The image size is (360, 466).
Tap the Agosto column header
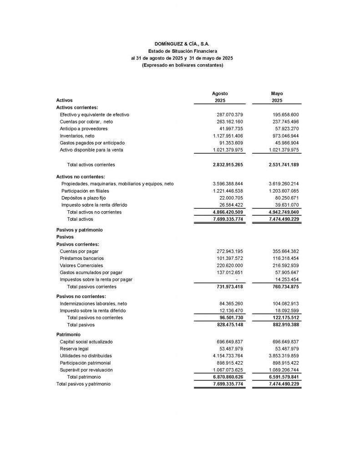coord(220,93)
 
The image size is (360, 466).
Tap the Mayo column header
coord(277,93)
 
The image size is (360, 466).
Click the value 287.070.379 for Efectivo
coord(230,115)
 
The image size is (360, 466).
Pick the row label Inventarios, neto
coord(77,136)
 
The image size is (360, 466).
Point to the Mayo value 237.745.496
coord(285,122)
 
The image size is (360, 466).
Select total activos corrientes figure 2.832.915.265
coord(228,164)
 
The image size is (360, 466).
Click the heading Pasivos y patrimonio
coord(79,230)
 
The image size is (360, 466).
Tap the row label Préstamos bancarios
coord(80,258)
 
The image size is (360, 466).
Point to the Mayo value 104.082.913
coord(285,304)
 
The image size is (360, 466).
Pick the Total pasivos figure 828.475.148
coord(229,325)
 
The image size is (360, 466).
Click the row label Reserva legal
coord(74,349)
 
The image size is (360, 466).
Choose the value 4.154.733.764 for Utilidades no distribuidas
coord(228,355)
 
